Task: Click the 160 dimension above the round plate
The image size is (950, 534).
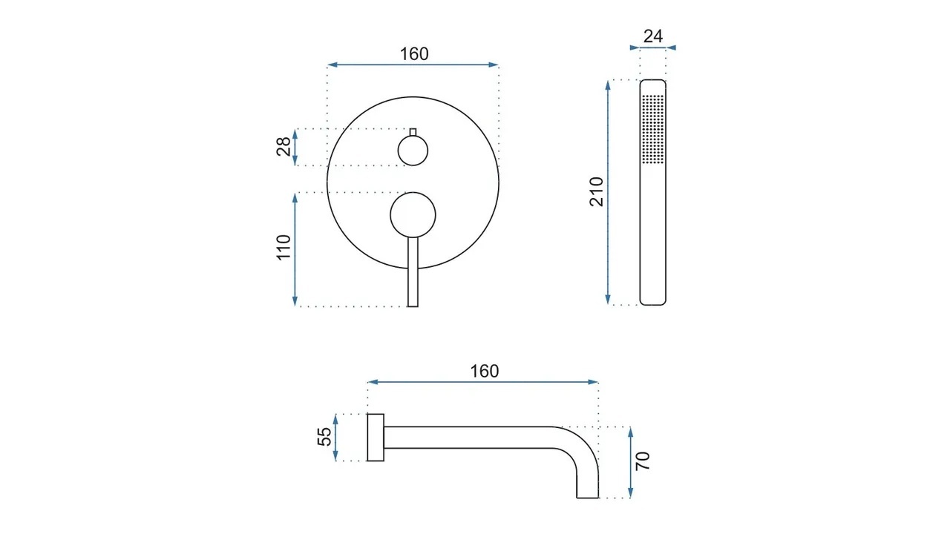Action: pyautogui.click(x=414, y=54)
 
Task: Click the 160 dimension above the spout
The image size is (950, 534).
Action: pyautogui.click(x=485, y=372)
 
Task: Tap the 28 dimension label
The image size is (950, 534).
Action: pyautogui.click(x=284, y=147)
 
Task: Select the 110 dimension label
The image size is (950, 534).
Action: pyautogui.click(x=284, y=247)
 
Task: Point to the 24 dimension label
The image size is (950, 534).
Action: pyautogui.click(x=652, y=36)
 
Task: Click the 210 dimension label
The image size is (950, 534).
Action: pyautogui.click(x=596, y=191)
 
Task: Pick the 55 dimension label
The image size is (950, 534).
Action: pyautogui.click(x=324, y=437)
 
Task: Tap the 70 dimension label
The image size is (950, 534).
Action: pyautogui.click(x=643, y=461)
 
